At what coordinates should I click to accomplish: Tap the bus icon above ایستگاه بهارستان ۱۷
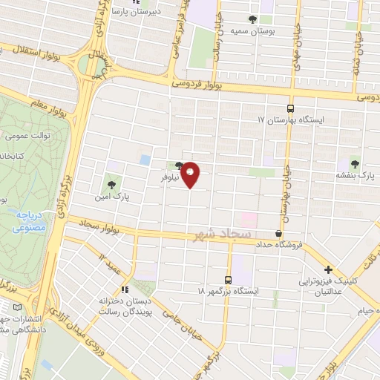click(291, 107)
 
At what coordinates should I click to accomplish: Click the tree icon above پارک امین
click(111, 183)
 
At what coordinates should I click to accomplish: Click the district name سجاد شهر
click(220, 235)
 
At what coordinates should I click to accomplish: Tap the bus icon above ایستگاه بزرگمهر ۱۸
click(228, 280)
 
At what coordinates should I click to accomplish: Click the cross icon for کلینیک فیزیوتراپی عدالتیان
click(328, 270)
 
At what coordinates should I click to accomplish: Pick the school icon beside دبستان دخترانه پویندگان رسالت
click(125, 289)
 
